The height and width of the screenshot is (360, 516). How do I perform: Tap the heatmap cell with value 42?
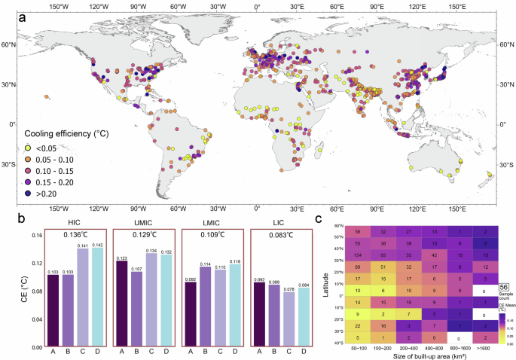(x=435, y=255)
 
